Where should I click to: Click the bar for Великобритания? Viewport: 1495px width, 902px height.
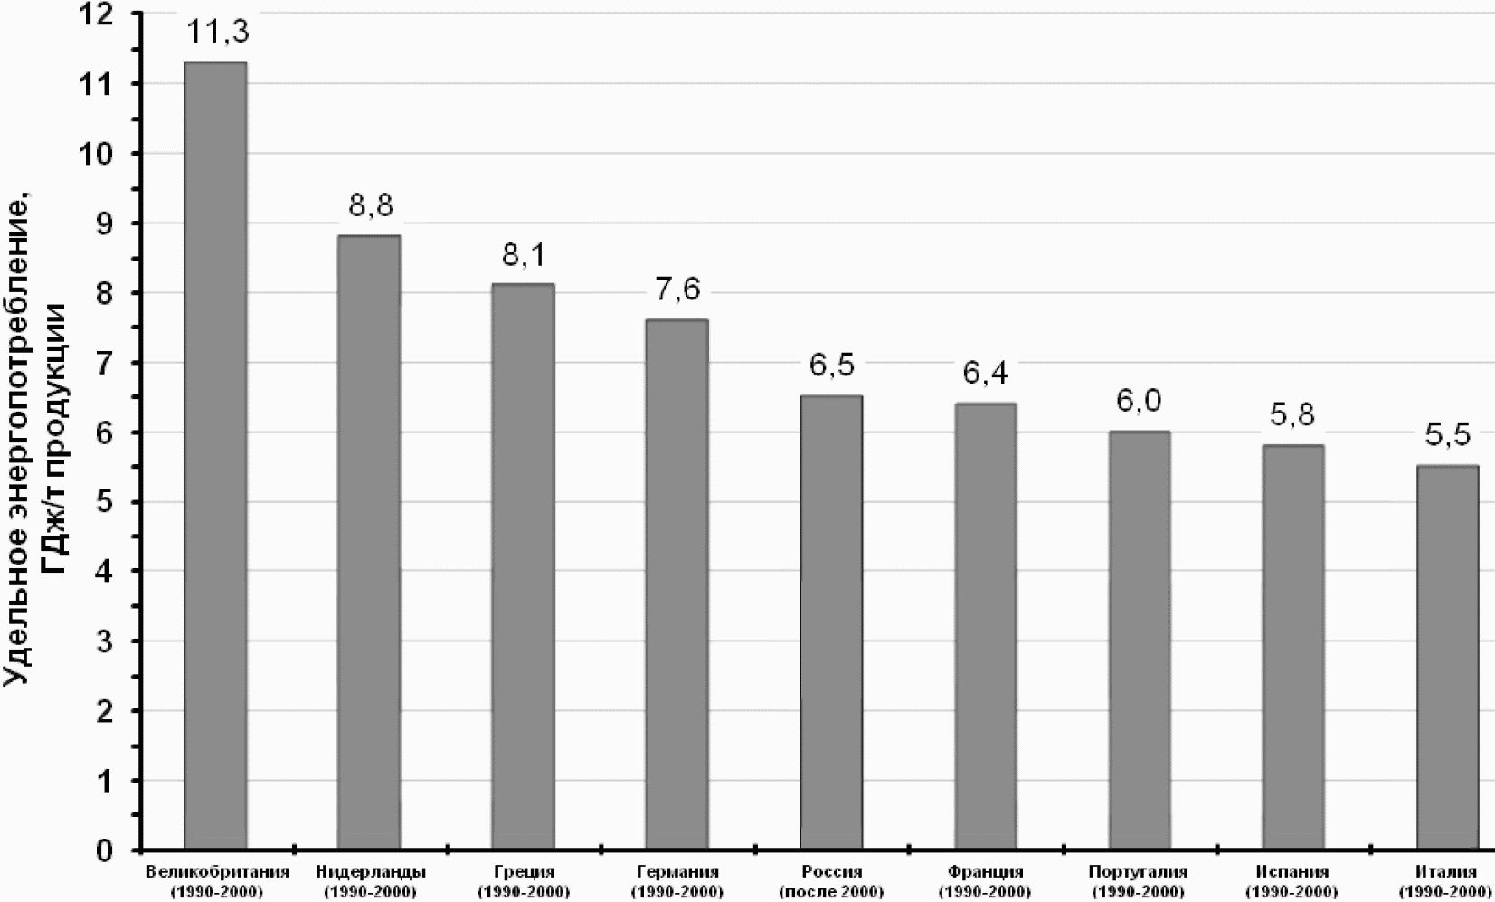pos(215,455)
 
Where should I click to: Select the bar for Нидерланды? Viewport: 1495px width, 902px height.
pos(369,542)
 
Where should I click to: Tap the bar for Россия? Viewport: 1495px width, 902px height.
pos(831,622)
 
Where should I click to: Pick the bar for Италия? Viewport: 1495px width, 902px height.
pos(1448,657)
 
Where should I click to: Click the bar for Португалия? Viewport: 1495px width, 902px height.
pos(1140,640)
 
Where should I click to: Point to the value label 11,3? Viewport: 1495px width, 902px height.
pos(218,32)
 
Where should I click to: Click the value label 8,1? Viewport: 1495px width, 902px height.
pos(524,255)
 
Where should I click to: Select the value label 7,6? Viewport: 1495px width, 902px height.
pos(677,290)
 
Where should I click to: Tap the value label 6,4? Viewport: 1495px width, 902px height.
pos(985,374)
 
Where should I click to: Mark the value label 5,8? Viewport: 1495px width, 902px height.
pos(1292,415)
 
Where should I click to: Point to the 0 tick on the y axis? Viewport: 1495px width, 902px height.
pos(104,850)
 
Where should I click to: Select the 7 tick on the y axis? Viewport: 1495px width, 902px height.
pos(104,363)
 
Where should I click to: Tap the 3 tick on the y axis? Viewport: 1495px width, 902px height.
pos(104,641)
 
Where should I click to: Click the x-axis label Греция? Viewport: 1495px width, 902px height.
pos(524,872)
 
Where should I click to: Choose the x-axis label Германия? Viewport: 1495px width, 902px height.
pos(678,872)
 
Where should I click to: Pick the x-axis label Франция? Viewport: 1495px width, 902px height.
pos(985,872)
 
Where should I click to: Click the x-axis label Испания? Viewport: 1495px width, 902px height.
pos(1292,872)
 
